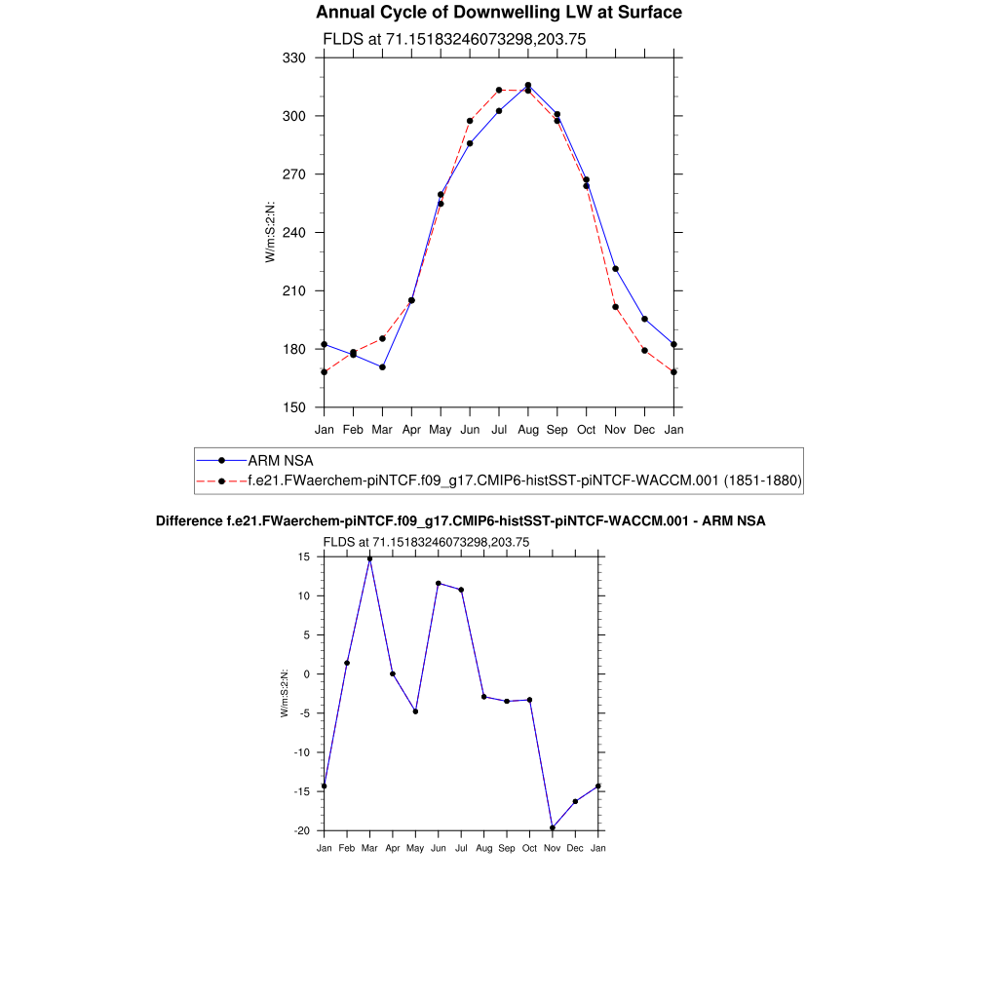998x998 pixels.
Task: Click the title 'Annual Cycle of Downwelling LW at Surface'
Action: (x=499, y=13)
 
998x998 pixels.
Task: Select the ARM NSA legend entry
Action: (x=280, y=460)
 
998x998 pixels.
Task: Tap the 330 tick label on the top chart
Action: (x=294, y=58)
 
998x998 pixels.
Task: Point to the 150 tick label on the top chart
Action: (x=294, y=407)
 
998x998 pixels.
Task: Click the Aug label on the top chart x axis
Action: (x=527, y=429)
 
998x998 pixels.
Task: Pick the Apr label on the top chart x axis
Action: (x=411, y=429)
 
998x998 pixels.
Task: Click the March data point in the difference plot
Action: (x=369, y=558)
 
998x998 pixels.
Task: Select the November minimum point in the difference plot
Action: (x=553, y=827)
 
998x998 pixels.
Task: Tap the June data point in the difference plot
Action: (x=439, y=583)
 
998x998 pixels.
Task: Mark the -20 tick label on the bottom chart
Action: (x=303, y=830)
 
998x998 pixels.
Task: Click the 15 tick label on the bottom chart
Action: (x=304, y=557)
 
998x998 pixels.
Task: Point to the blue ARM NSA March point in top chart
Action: (x=382, y=366)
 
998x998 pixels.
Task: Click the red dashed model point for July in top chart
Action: (x=499, y=90)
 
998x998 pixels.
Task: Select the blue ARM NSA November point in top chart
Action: (x=615, y=269)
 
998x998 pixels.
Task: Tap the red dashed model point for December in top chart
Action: (x=644, y=351)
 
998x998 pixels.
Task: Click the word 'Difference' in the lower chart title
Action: (x=188, y=521)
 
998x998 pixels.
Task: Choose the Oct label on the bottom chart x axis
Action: (x=529, y=849)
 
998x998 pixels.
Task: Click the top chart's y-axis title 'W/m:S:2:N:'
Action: (x=270, y=232)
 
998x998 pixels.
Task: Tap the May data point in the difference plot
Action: (x=415, y=711)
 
